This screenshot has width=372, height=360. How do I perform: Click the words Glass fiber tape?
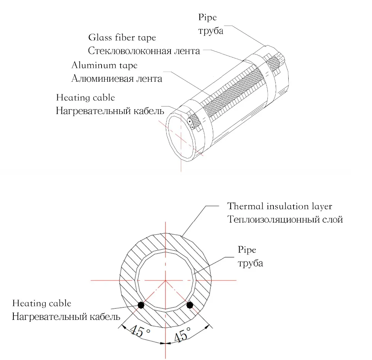tap(122, 38)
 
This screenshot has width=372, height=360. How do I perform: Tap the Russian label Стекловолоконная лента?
tap(144, 51)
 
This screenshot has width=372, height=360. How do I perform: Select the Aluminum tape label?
tap(105, 65)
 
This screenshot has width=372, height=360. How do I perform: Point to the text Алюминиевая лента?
tap(117, 79)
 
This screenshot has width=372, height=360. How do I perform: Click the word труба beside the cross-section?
tap(250, 263)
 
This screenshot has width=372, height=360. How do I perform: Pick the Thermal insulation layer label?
tap(280, 206)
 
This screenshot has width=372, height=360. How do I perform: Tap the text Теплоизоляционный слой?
tap(285, 219)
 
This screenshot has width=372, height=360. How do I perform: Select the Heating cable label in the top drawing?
tap(86, 98)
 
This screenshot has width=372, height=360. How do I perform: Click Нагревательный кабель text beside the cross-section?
tap(66, 317)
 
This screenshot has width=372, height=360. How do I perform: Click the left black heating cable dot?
tap(141, 305)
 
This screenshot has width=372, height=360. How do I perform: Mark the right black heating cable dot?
tap(190, 305)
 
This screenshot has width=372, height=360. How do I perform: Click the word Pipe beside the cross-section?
tap(247, 250)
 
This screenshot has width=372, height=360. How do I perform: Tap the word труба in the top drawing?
tap(211, 31)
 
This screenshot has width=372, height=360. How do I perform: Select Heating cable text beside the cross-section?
tap(42, 304)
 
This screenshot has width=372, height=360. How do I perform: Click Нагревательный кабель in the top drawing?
tap(110, 111)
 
